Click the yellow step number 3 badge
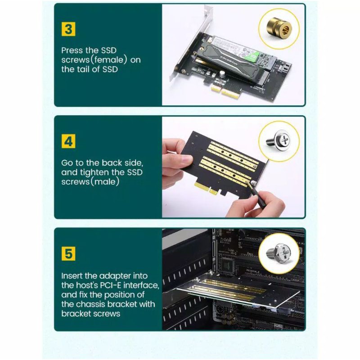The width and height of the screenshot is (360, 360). pyautogui.click(x=68, y=30)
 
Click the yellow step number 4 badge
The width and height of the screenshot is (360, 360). pyautogui.click(x=68, y=141)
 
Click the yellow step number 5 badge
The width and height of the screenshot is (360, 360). pyautogui.click(x=68, y=253)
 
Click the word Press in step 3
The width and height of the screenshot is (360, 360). pyautogui.click(x=72, y=51)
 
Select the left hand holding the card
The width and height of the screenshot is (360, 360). pyautogui.click(x=173, y=157)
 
